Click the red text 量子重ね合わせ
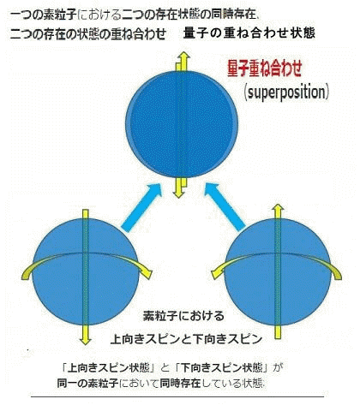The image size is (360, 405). (x=264, y=68)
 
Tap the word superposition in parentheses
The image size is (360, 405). (x=286, y=92)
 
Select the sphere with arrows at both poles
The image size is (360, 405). (x=182, y=124)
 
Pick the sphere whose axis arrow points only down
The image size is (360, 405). (x=86, y=271)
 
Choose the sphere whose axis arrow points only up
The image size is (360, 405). (x=278, y=271)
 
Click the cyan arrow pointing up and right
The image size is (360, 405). (x=142, y=208)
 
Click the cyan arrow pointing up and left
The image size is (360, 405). (x=225, y=207)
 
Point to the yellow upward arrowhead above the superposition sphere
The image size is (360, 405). (x=184, y=56)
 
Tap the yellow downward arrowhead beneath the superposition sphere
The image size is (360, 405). (x=178, y=194)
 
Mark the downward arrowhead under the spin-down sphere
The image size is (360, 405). (x=85, y=341)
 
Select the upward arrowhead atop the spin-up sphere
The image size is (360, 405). (x=278, y=208)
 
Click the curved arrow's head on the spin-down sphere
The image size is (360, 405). (x=147, y=273)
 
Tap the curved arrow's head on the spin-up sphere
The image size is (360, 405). (x=217, y=273)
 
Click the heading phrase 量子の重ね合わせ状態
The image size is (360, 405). (x=249, y=33)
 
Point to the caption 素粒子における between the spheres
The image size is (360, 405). (x=183, y=316)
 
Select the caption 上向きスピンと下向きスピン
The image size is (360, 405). (x=186, y=339)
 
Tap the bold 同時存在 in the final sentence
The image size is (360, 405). (x=180, y=383)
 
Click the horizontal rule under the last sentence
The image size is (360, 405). (x=177, y=396)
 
